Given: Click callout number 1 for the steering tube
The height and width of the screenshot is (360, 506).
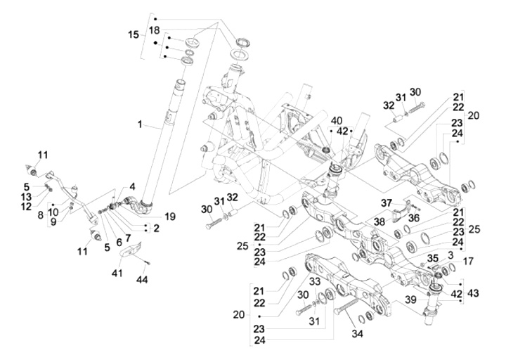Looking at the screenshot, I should pos(141,124).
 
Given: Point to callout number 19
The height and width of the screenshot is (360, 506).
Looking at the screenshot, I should pos(169,217).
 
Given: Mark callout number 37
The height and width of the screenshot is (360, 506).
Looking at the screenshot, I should pos(385,203).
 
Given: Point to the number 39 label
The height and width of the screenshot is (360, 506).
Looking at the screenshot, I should pos(411,300).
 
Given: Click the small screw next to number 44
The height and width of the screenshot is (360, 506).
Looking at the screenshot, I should pos(147,262).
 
